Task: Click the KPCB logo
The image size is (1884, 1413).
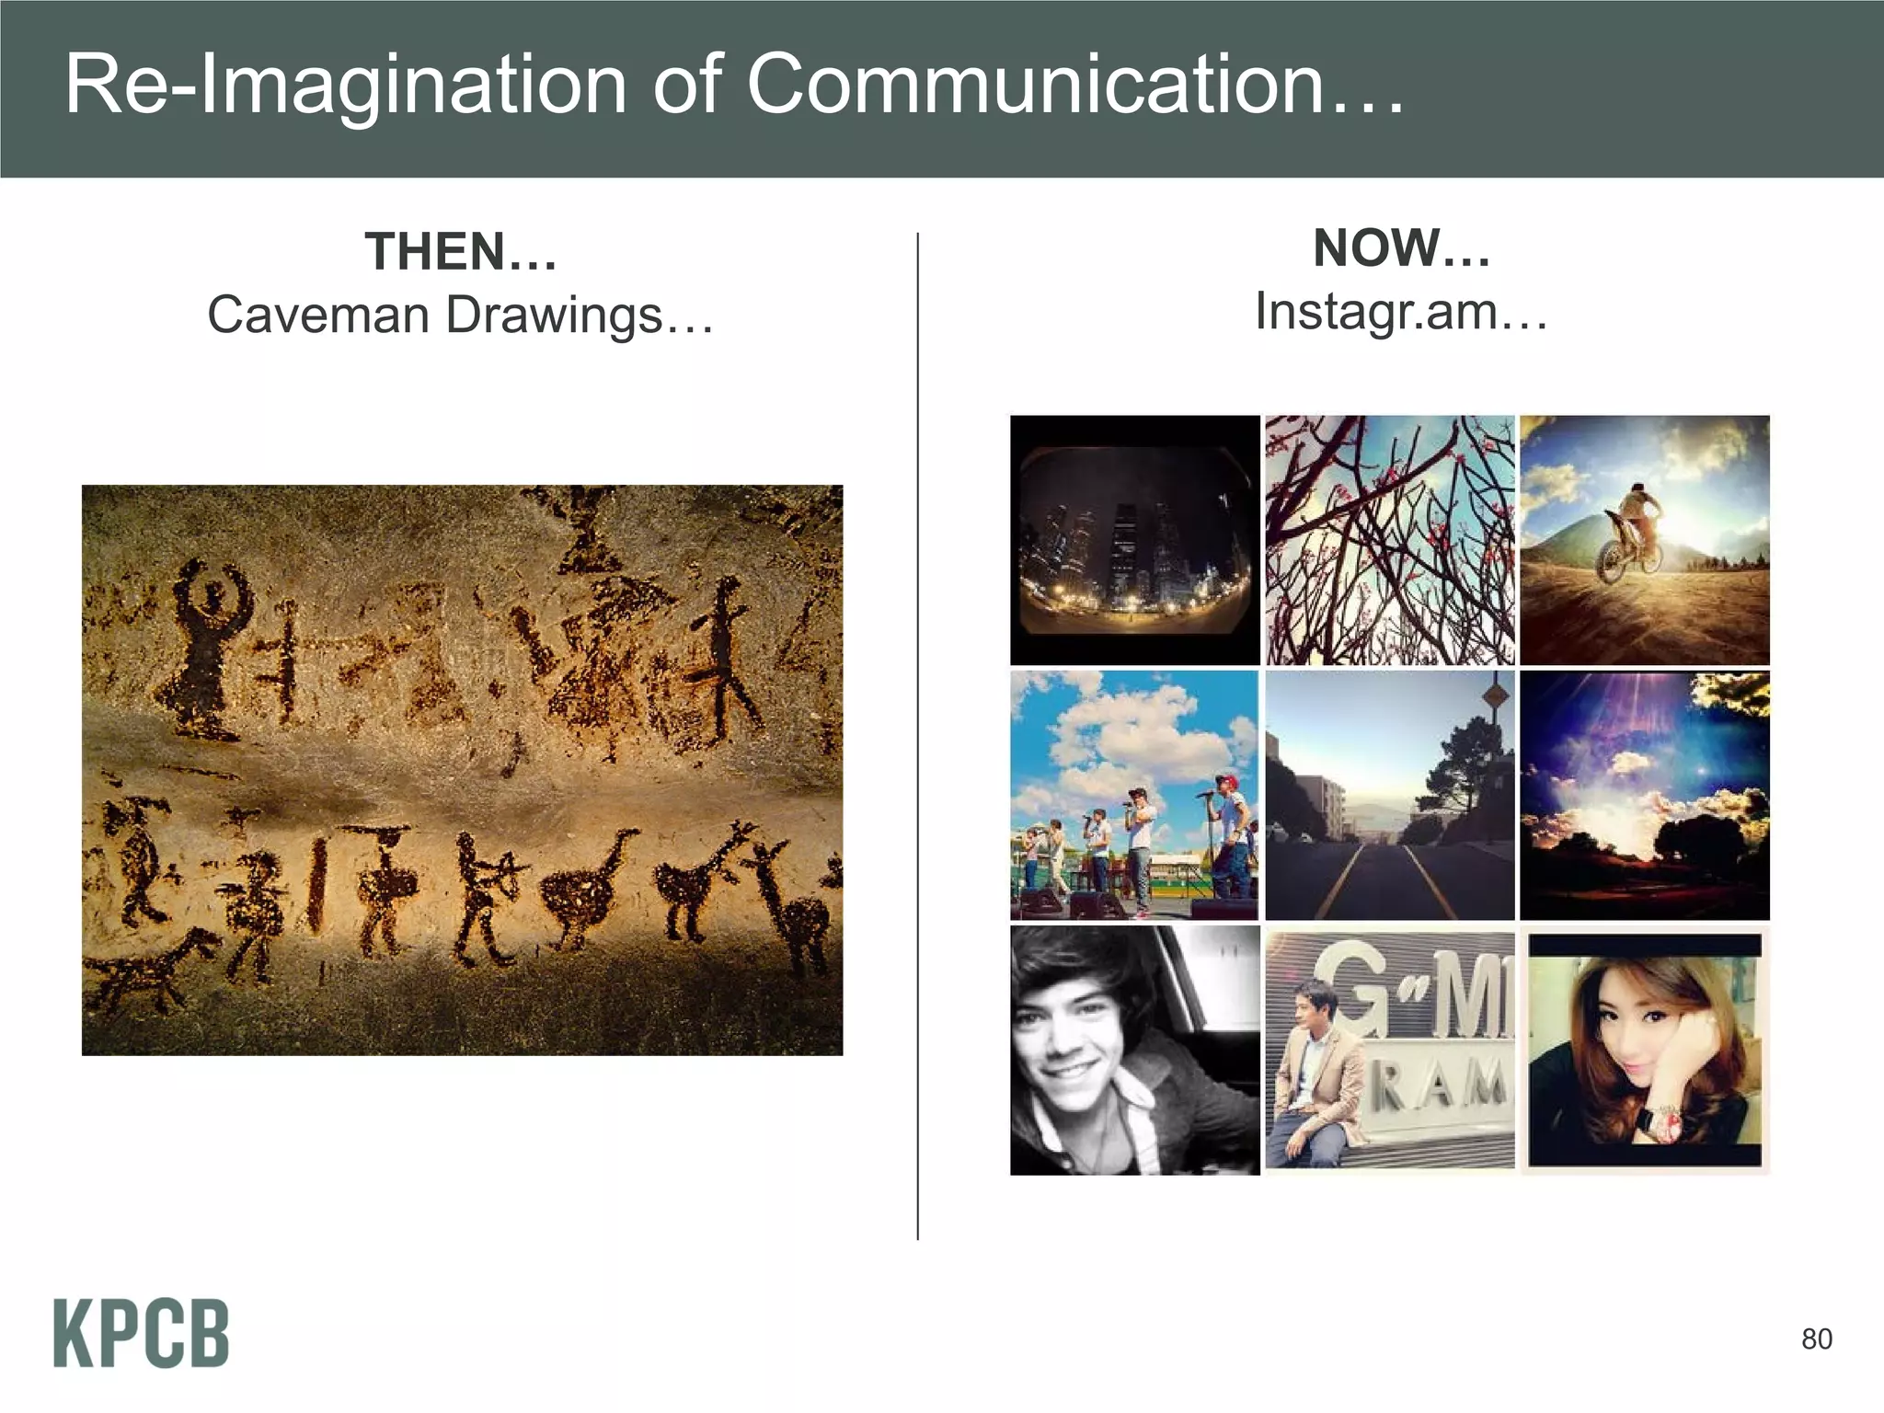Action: tap(141, 1333)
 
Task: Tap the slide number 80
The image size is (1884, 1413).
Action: tap(1816, 1339)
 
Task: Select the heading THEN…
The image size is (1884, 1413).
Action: tap(461, 252)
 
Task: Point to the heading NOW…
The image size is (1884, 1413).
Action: tap(1401, 248)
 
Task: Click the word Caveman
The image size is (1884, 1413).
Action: tap(318, 316)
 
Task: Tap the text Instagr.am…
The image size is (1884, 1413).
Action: tap(1401, 311)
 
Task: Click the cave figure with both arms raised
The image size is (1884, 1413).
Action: tap(211, 644)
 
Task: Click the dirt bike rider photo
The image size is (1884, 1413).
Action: tap(1644, 540)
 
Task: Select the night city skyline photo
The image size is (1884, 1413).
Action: tap(1134, 540)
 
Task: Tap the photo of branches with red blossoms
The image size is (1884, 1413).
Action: tap(1389, 540)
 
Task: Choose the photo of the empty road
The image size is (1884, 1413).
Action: tap(1389, 796)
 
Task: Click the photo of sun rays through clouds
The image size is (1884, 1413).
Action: tap(1644, 796)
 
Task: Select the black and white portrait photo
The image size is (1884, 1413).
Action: tap(1134, 1051)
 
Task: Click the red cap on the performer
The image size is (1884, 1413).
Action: tap(1226, 781)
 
